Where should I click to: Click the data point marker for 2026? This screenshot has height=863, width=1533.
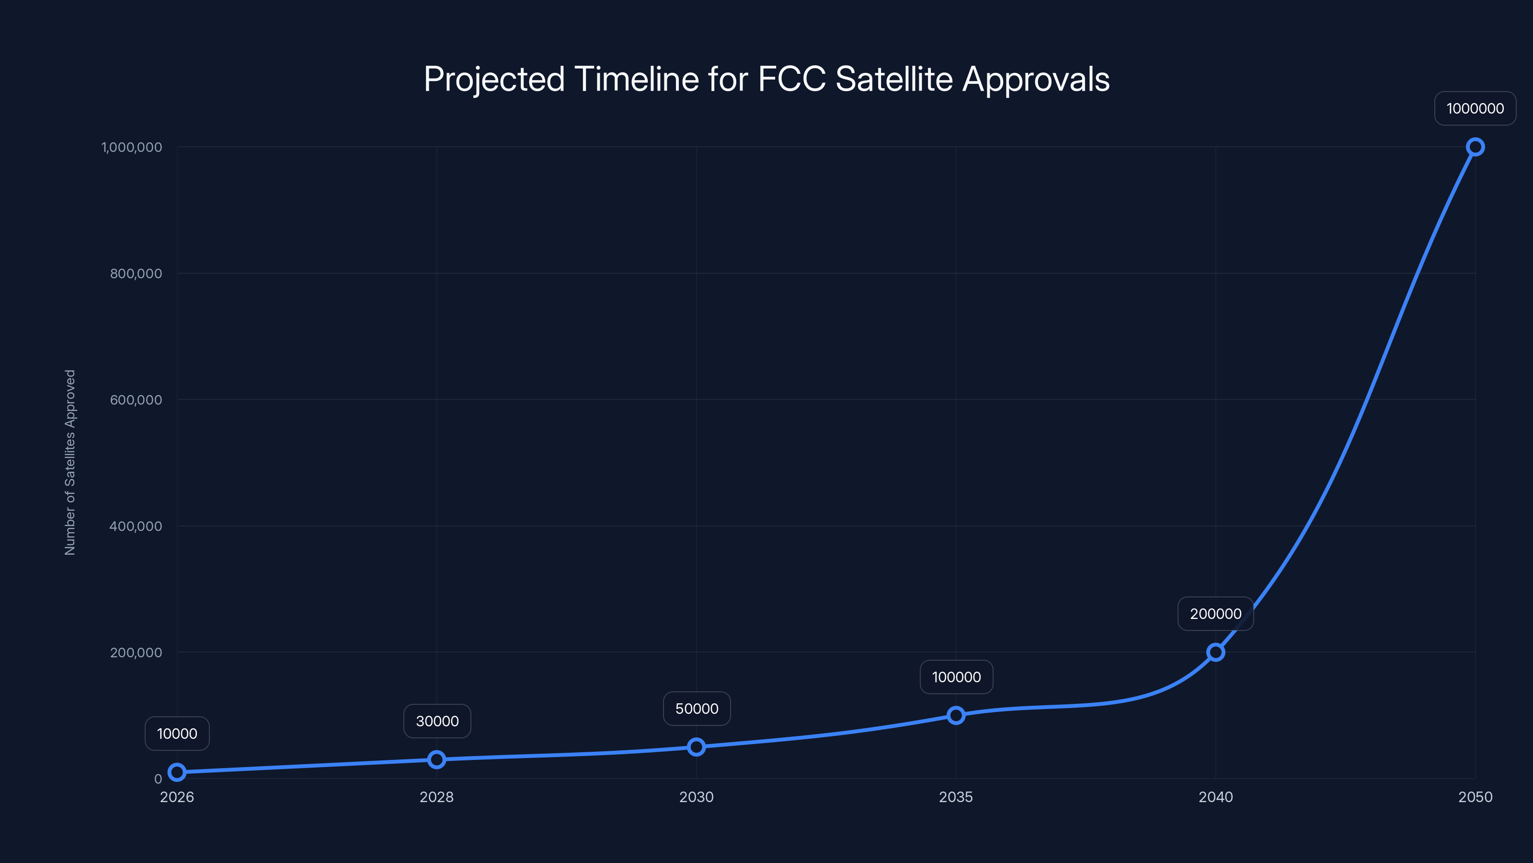[x=177, y=772]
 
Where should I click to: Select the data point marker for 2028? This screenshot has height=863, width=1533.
[x=437, y=759]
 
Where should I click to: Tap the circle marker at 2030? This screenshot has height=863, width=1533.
[x=696, y=747]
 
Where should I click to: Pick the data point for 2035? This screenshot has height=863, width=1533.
[x=956, y=715]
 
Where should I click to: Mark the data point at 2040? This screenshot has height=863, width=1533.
[x=1215, y=652]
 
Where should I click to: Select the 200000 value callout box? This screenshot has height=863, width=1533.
[x=1215, y=614]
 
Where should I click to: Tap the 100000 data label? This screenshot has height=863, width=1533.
[x=956, y=676]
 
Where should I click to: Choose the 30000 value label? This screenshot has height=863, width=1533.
[x=437, y=721]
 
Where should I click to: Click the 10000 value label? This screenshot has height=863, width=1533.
[x=177, y=733]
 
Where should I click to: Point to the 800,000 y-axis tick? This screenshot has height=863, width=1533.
[x=136, y=273]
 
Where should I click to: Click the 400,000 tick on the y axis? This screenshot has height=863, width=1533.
[x=136, y=526]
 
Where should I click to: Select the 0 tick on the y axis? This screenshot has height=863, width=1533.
[x=158, y=779]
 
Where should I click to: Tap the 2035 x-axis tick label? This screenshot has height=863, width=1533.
[x=956, y=797]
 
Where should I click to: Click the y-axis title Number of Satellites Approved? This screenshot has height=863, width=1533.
[x=70, y=462]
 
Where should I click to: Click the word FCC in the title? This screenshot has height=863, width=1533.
[x=791, y=79]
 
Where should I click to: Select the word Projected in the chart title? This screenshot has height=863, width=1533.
[x=494, y=79]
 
